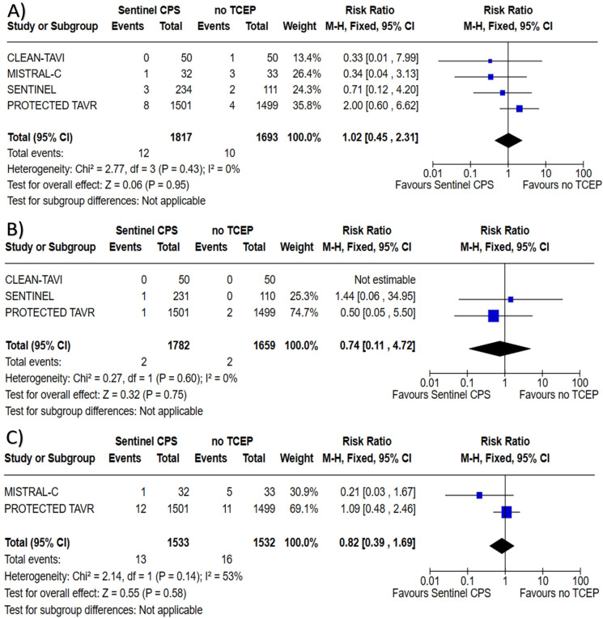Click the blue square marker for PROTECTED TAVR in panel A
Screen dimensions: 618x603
point(519,108)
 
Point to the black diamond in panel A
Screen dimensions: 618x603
point(507,140)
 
